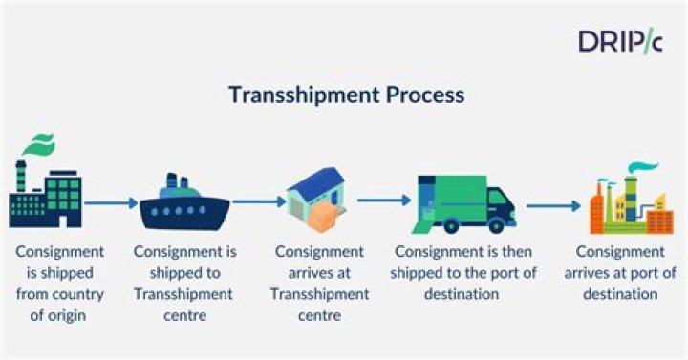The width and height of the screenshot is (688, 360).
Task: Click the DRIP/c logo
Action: tap(618, 40)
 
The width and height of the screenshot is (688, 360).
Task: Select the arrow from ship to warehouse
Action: tap(259, 201)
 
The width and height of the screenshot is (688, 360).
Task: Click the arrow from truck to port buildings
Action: tap(554, 204)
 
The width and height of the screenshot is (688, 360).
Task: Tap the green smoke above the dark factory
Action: tap(38, 148)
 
